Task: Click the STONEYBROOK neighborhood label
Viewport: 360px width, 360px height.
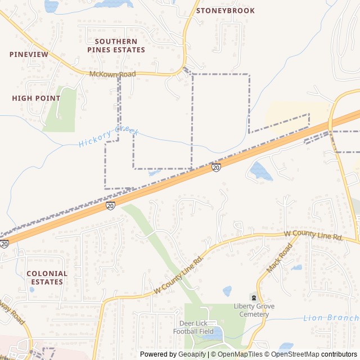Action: pyautogui.click(x=225, y=11)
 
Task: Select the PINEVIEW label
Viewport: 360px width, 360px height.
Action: pyautogui.click(x=29, y=55)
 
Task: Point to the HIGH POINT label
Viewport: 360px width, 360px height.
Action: pyautogui.click(x=36, y=98)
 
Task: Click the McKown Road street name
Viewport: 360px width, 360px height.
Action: pyautogui.click(x=112, y=74)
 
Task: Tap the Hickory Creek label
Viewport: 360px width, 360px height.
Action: pyautogui.click(x=109, y=136)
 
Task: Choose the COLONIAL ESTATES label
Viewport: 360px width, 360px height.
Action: pyautogui.click(x=47, y=277)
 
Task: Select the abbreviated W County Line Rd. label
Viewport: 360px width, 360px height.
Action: pyautogui.click(x=313, y=236)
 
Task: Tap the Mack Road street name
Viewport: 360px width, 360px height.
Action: pyautogui.click(x=280, y=258)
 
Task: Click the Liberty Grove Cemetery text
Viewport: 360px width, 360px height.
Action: pyautogui.click(x=251, y=310)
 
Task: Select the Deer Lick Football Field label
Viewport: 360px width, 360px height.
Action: pyautogui.click(x=197, y=327)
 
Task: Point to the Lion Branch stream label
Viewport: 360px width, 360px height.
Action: pyautogui.click(x=331, y=318)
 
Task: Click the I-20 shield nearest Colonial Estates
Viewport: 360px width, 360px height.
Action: pyautogui.click(x=4, y=244)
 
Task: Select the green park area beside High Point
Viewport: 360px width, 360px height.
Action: pyautogui.click(x=62, y=110)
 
